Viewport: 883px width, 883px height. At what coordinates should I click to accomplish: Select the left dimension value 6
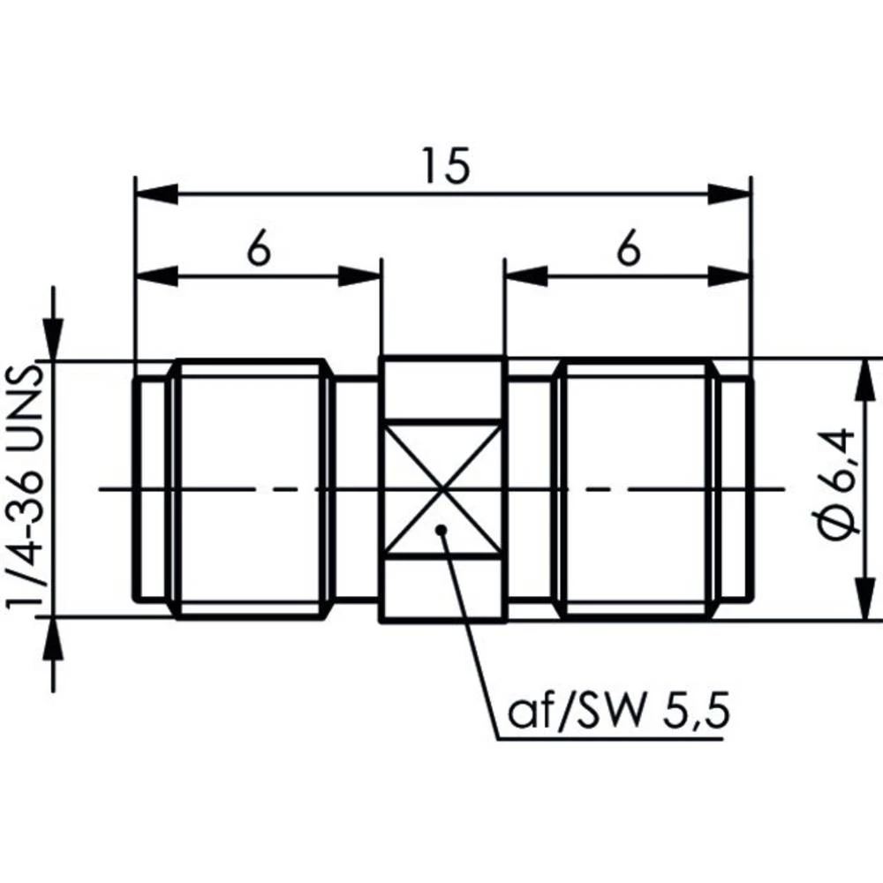tap(257, 251)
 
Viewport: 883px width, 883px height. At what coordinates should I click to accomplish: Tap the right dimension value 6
tap(628, 251)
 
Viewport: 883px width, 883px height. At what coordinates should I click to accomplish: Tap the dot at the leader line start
tap(441, 530)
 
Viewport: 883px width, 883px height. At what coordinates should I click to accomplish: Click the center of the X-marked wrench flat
tap(441, 488)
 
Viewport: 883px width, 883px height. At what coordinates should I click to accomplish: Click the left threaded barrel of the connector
tap(252, 488)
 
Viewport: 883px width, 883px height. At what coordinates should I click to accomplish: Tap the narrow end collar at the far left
tap(149, 488)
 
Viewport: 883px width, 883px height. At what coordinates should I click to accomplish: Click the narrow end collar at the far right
tap(736, 488)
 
